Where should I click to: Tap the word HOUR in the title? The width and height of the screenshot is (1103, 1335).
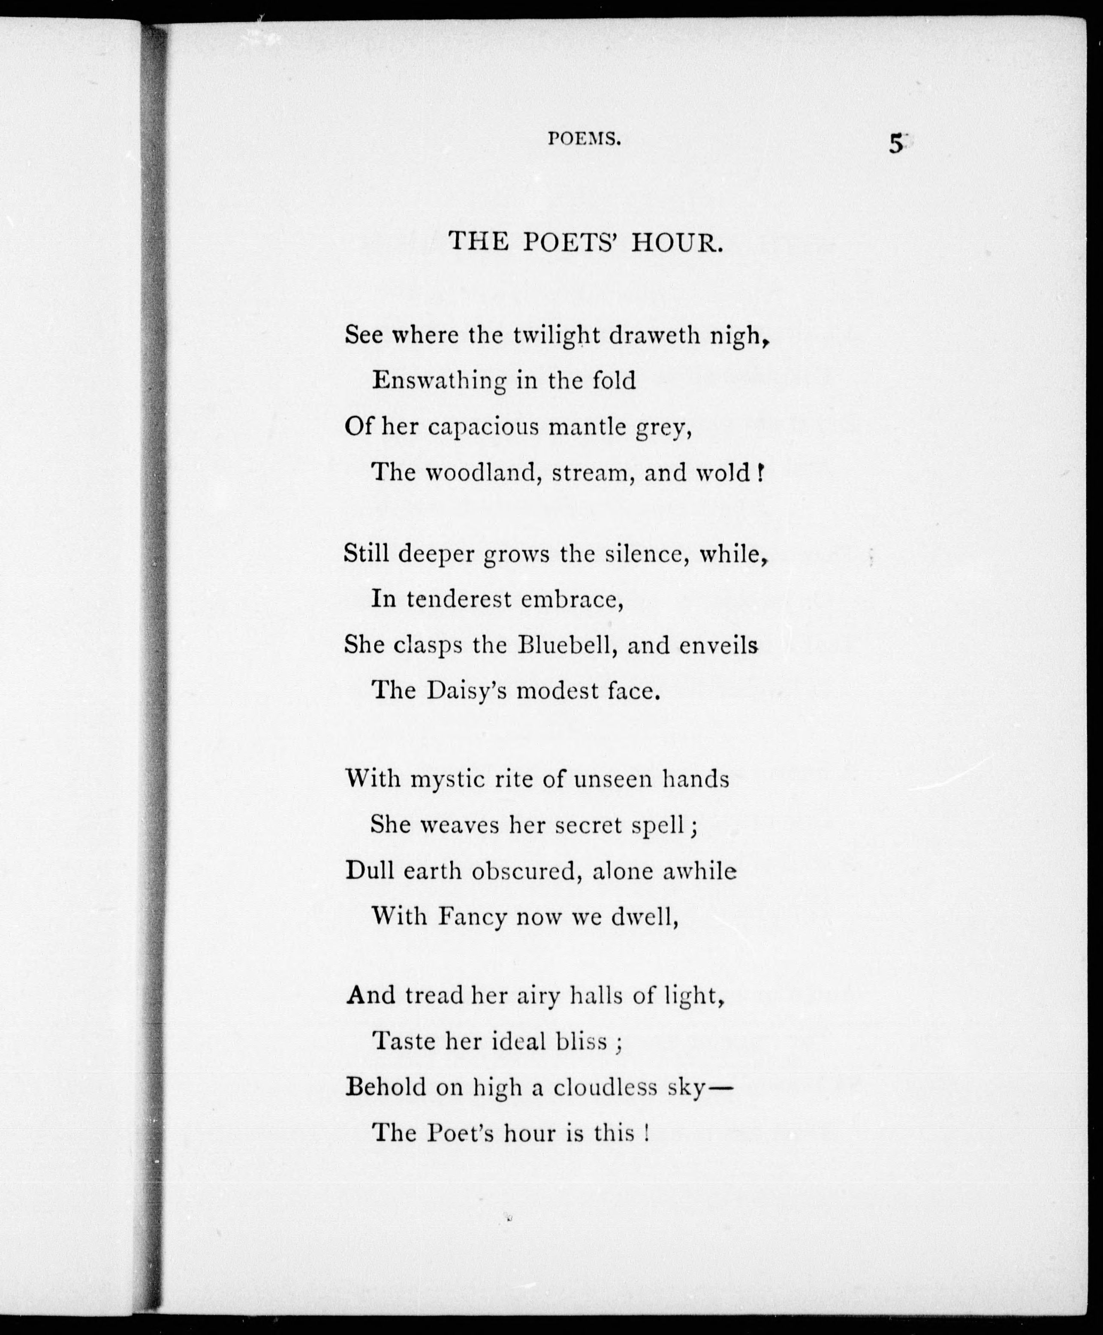[x=677, y=243]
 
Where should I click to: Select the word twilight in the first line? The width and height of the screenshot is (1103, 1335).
[x=557, y=335]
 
